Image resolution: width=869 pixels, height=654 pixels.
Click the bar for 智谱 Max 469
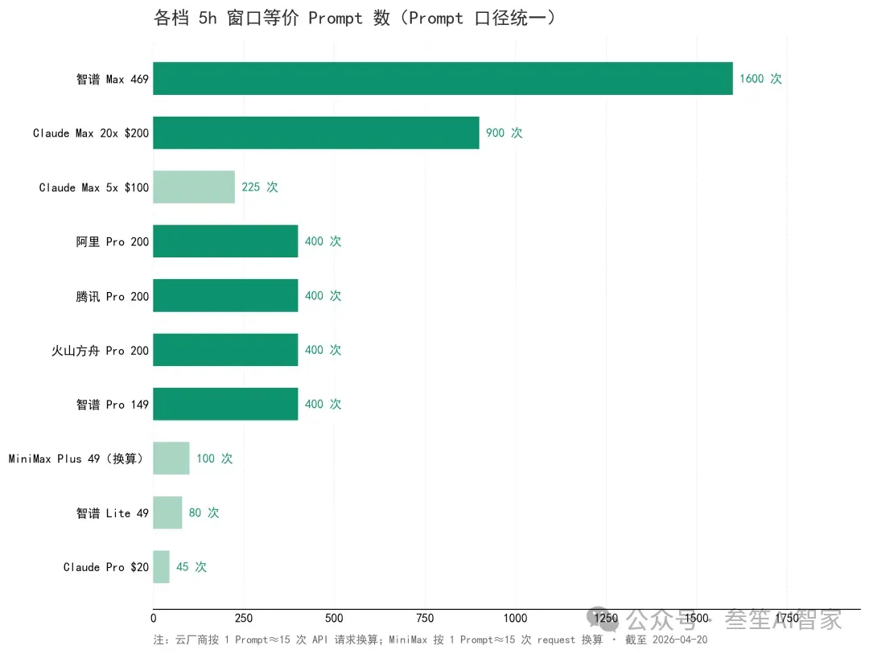(x=443, y=78)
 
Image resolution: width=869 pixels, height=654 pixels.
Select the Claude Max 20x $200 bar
(x=315, y=133)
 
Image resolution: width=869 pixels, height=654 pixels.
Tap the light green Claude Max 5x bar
(x=193, y=187)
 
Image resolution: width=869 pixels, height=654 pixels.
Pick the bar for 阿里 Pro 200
(x=225, y=241)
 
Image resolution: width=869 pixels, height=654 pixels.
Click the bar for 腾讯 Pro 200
(x=225, y=295)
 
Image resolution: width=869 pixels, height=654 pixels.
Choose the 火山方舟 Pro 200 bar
(x=225, y=350)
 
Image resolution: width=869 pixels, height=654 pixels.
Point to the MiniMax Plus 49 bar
(x=171, y=459)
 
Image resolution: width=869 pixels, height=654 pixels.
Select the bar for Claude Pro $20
(x=161, y=567)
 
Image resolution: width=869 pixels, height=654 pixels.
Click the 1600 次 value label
(x=760, y=79)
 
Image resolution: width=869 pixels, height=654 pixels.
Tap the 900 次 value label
(x=504, y=133)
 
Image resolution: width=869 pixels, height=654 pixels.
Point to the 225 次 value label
(x=259, y=187)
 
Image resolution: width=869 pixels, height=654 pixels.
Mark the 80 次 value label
(x=204, y=512)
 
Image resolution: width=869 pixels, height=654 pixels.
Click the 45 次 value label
(x=191, y=567)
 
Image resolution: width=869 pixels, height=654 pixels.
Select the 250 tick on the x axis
(x=244, y=618)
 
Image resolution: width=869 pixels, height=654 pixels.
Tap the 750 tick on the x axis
(x=425, y=618)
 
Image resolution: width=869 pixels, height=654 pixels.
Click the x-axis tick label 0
(x=154, y=618)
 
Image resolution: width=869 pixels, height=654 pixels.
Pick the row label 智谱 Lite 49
(x=113, y=513)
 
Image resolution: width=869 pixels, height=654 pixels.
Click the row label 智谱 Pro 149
(x=113, y=405)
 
